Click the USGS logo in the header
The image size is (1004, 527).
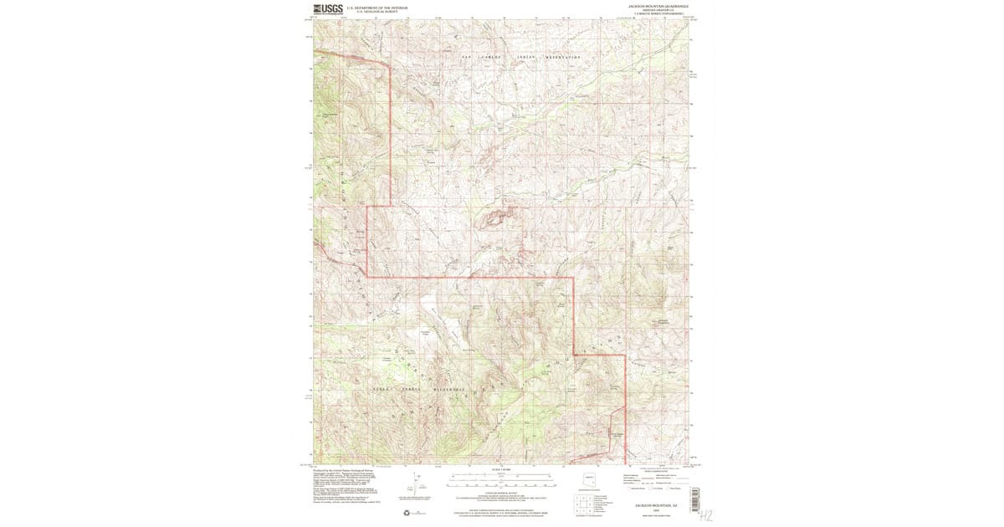(328, 9)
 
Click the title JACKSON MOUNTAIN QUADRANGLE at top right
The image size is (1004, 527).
(657, 6)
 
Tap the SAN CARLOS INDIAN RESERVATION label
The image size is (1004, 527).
(520, 58)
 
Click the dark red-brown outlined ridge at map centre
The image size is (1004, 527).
(497, 219)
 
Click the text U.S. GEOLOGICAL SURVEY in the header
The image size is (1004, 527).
(373, 11)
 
